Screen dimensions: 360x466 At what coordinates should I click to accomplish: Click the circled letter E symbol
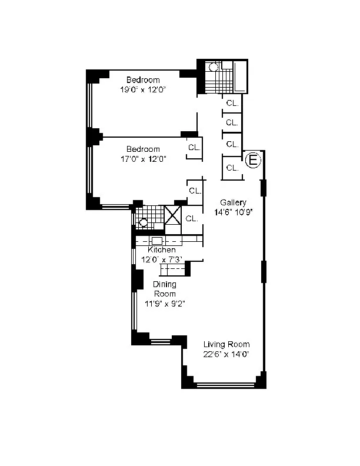253,161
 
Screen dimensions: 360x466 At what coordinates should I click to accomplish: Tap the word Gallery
233,202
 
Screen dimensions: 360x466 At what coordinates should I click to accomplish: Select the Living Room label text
226,344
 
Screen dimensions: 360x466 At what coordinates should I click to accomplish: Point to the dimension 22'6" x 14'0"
226,354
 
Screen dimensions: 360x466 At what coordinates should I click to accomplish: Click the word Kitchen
162,249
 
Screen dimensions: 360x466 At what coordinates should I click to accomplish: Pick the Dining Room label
165,289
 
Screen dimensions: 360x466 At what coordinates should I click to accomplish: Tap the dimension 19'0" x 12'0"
142,90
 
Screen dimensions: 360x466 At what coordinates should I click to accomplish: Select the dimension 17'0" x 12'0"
143,159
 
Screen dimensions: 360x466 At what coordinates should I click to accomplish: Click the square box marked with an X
173,215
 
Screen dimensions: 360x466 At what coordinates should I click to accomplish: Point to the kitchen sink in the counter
157,241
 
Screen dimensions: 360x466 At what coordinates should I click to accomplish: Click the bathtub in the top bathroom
240,76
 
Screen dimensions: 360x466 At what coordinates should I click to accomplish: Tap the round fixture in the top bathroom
213,67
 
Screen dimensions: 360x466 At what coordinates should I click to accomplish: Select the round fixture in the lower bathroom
144,222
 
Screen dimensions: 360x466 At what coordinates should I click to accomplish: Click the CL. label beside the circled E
232,168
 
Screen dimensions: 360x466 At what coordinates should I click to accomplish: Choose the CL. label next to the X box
192,219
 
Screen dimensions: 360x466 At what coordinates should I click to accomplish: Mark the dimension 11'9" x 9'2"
165,304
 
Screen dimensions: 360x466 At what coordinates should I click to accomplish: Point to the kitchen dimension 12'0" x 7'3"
162,259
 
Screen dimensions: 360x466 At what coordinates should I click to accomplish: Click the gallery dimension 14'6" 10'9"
233,212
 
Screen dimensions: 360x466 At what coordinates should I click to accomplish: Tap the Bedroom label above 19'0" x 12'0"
143,80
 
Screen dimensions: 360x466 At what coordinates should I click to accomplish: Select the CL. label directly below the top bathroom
232,103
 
